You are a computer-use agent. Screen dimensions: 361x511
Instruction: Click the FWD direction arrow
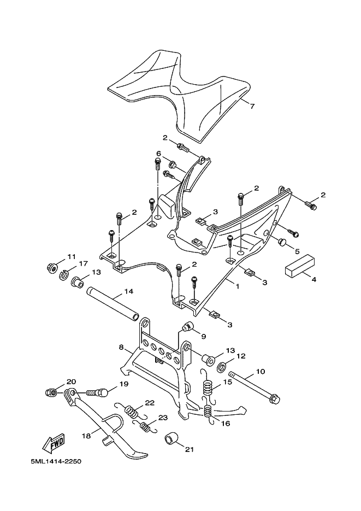[x=54, y=443]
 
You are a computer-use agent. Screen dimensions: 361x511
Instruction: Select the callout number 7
[x=252, y=105]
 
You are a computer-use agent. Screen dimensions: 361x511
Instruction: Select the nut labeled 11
[x=52, y=269]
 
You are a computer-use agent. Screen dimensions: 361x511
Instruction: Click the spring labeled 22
[x=132, y=410]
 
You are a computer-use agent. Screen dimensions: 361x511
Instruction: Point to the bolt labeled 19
[x=97, y=393]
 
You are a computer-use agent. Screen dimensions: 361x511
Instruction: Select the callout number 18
[x=86, y=436]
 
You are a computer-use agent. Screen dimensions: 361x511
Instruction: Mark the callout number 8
[x=121, y=348]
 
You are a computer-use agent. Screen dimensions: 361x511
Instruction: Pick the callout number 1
[x=238, y=286]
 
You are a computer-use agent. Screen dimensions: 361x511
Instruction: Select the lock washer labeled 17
[x=63, y=275]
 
